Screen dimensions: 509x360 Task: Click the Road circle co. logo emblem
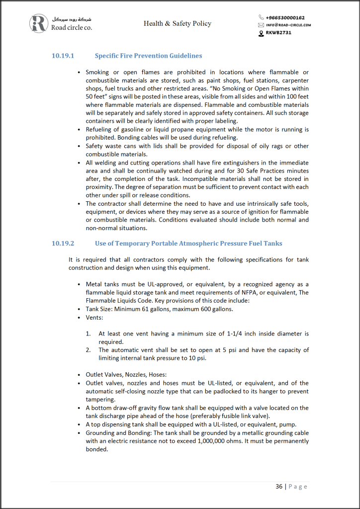pos(38,23)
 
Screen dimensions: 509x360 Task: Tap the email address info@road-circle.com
pos(288,25)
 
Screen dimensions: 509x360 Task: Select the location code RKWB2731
pos(278,32)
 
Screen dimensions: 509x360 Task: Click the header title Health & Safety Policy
pos(178,23)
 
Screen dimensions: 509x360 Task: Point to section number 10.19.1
pos(63,56)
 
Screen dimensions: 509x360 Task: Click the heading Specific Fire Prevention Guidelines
pos(148,56)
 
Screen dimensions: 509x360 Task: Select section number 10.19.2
pos(63,243)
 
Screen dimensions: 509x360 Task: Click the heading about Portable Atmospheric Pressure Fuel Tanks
pos(188,243)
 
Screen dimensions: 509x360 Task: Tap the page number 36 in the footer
pos(279,486)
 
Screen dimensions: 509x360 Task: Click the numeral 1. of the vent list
pos(88,334)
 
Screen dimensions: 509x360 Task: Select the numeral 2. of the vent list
pos(88,350)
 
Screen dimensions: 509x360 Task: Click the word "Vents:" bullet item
pos(94,317)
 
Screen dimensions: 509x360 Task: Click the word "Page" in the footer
pos(298,486)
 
